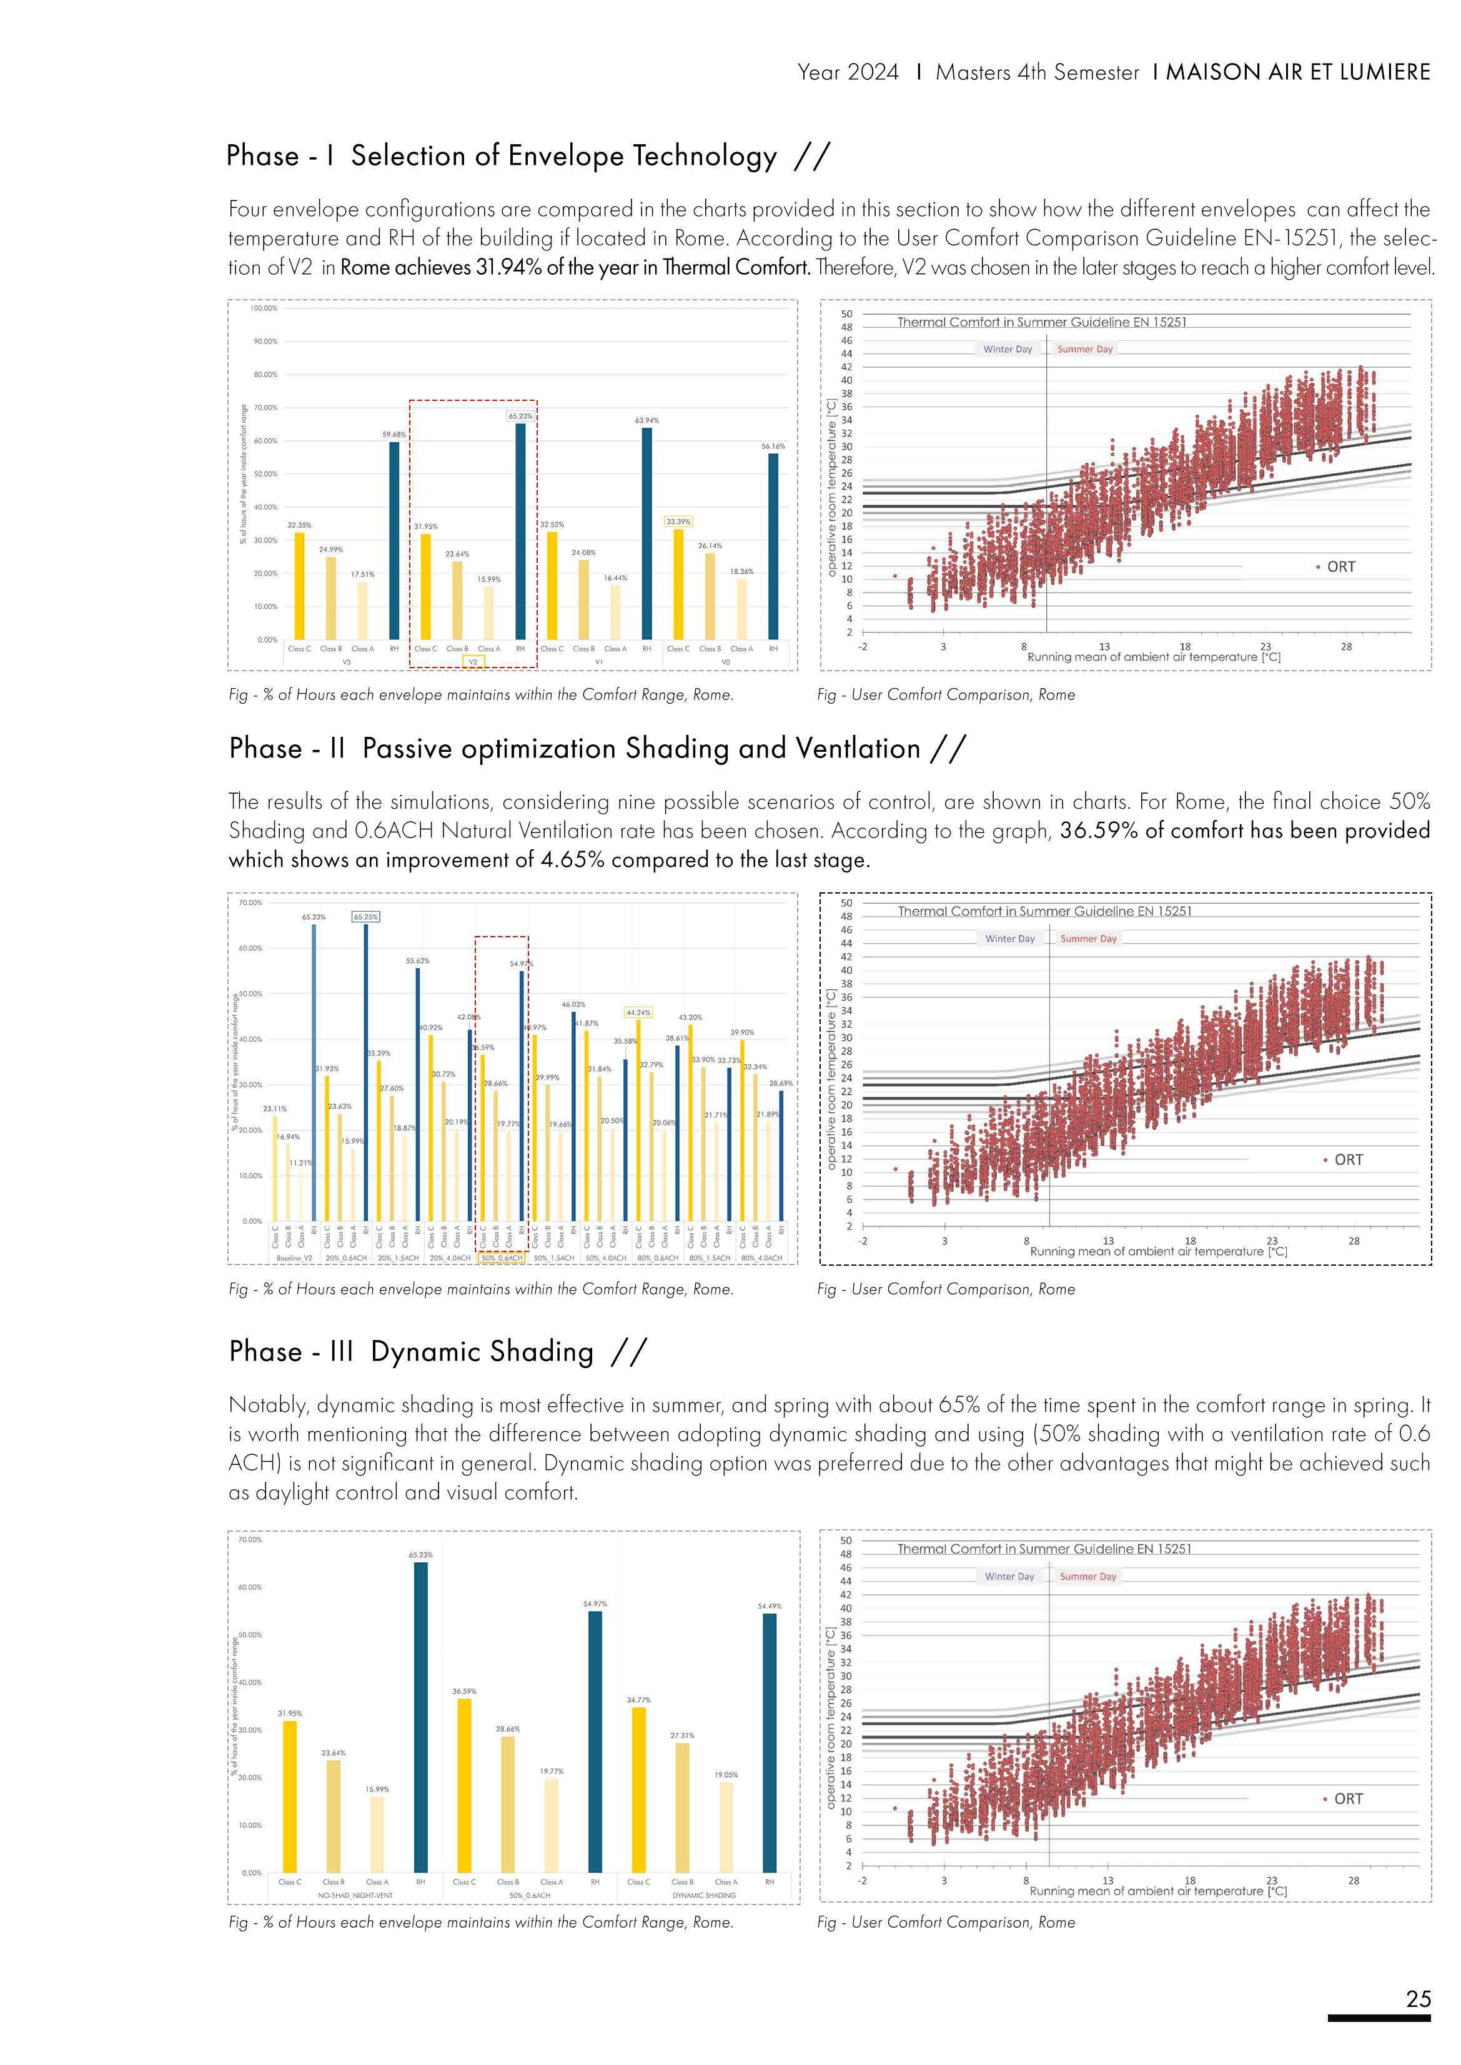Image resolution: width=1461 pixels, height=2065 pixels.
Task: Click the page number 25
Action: click(1418, 1998)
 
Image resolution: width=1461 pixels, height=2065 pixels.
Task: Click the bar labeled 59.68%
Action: click(394, 540)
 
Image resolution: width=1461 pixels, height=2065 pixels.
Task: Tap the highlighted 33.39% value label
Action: click(678, 521)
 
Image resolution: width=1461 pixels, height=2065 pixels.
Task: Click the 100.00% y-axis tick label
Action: click(264, 308)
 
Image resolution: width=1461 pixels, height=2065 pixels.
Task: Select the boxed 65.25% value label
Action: click(366, 917)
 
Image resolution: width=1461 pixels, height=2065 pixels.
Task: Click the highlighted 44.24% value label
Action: click(638, 1013)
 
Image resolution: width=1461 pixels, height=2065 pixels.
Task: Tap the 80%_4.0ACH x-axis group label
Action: click(761, 1258)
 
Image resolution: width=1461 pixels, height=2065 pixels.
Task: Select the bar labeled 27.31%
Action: click(682, 1807)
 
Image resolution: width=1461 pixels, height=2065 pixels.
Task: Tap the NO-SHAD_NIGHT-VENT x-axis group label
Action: click(355, 1895)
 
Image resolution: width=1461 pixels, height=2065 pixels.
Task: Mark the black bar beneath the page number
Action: click(1378, 2018)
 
